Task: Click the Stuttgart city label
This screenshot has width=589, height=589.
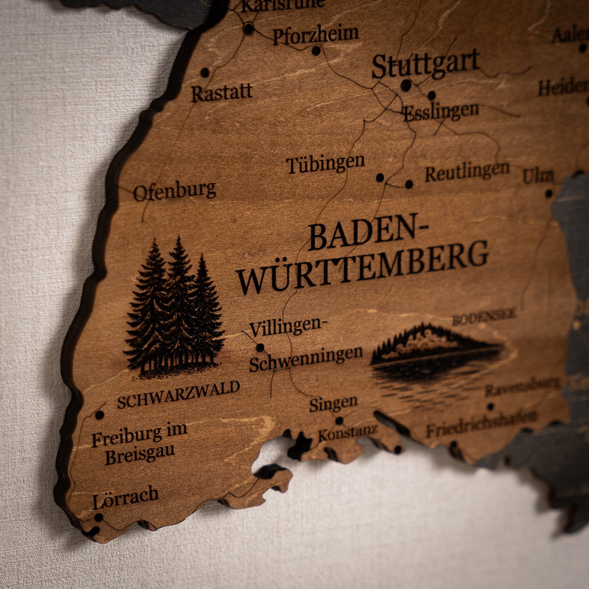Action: [425, 64]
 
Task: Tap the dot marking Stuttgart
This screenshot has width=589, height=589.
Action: [406, 85]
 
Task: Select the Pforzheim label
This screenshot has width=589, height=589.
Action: [316, 35]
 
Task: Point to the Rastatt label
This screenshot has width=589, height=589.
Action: [222, 93]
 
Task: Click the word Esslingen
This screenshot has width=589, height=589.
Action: [441, 111]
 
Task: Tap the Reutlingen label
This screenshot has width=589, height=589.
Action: [467, 172]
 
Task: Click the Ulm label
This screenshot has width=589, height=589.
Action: [538, 176]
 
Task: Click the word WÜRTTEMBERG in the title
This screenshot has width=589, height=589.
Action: [362, 266]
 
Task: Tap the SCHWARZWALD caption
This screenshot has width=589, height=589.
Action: [178, 394]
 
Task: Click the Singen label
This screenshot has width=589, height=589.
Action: [333, 404]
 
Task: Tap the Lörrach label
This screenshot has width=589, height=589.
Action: [125, 497]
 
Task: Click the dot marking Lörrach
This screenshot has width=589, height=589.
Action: [99, 517]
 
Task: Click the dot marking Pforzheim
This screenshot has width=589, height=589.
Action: [316, 51]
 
